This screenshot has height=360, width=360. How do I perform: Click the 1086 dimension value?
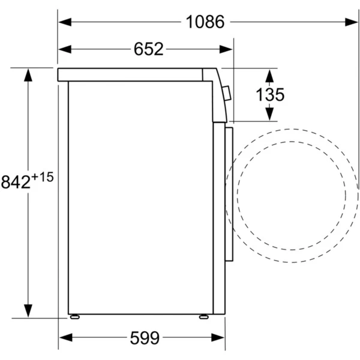coord(205,22)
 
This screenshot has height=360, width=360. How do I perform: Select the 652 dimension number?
coord(149,49)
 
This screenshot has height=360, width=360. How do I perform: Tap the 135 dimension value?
coord(270,95)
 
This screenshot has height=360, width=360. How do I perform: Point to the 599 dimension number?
coord(145,338)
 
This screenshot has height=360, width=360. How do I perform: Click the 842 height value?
coord(16,182)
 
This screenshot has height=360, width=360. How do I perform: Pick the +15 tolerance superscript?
coord(43,177)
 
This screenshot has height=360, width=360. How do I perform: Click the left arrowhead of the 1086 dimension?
coord(65,22)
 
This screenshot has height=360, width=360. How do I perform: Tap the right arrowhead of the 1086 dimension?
coord(352,22)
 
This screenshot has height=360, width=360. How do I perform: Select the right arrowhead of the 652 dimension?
coord(226,49)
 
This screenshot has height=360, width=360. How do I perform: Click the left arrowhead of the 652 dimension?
coord(65,49)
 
